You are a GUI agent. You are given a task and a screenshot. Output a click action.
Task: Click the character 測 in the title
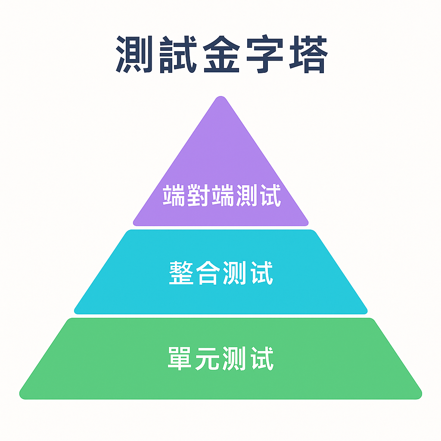click(x=135, y=55)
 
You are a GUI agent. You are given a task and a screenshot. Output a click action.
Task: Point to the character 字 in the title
click(x=264, y=55)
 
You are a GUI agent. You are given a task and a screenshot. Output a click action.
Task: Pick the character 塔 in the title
click(x=306, y=55)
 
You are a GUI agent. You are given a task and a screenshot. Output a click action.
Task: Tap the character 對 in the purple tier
click(x=198, y=196)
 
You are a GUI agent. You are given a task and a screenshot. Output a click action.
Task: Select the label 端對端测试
click(x=221, y=196)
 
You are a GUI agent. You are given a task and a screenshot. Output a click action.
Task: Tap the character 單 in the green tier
click(x=180, y=359)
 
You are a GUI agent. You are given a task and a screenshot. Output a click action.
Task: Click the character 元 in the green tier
click(x=207, y=359)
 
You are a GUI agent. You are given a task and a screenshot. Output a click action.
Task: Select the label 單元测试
click(x=220, y=359)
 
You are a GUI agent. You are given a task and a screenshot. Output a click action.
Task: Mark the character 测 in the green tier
click(x=234, y=359)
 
